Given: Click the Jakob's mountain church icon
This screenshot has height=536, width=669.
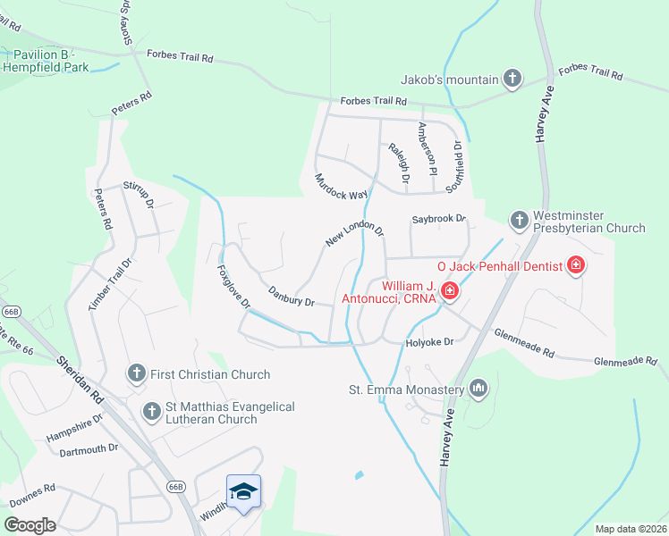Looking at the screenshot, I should point(512,80).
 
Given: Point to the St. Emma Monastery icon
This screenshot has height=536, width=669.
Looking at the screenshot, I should point(478,389).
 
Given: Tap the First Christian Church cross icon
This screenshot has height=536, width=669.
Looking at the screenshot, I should point(136,373).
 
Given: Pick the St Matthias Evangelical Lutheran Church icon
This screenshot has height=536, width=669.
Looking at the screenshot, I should point(151,412).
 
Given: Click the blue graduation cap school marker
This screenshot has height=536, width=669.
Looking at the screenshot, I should point(243,491).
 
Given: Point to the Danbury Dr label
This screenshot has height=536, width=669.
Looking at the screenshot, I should point(292,297).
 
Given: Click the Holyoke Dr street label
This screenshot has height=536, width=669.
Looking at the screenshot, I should point(430,341).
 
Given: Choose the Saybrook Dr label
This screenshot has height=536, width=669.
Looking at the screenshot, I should point(439,218).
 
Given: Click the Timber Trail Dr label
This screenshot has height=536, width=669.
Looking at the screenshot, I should point(110,285).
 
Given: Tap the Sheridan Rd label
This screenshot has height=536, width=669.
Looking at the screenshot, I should point(80,379).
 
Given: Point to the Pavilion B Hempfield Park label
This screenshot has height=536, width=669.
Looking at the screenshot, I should point(47,61).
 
